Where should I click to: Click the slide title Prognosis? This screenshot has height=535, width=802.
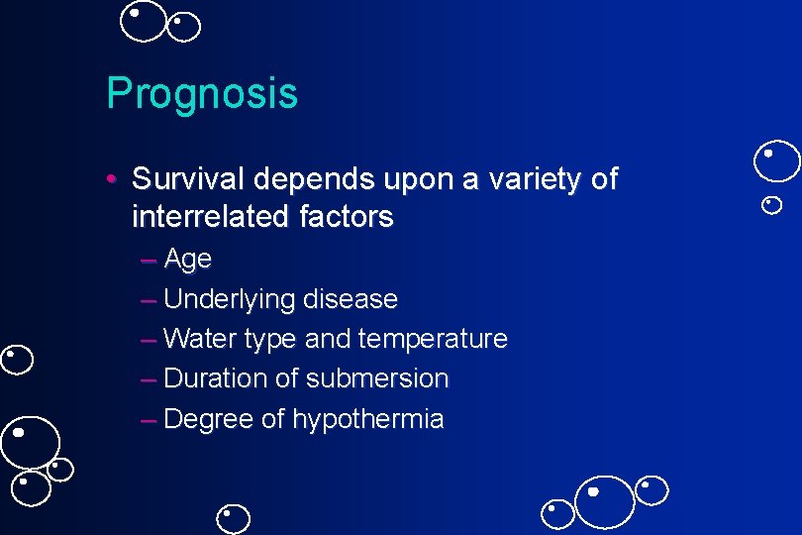pos(202,94)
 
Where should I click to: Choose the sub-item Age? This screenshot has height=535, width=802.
pos(188,260)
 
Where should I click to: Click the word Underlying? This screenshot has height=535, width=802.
pos(230,299)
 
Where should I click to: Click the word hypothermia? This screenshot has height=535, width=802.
pos(368,419)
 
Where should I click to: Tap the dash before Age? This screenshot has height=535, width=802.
pos(149,261)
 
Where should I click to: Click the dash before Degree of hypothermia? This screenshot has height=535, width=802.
pos(149,420)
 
